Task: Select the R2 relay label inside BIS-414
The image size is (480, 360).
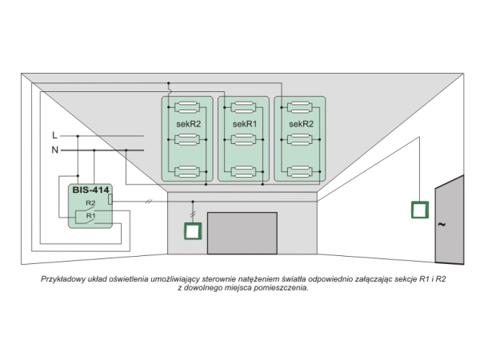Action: pos(90,205)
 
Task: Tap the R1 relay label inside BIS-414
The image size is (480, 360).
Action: pos(90,215)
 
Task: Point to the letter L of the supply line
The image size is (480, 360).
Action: pos(54,135)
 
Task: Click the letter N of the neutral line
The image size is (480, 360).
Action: pos(54,150)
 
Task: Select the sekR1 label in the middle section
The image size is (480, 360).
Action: pos(244,125)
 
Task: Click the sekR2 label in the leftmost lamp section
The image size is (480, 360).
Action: pos(187,125)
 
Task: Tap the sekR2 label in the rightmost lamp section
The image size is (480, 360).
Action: pos(300,125)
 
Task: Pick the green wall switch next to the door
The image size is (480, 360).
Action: pos(419,210)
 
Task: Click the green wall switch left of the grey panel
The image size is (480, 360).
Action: pos(192,231)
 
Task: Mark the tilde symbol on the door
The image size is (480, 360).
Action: pos(441,225)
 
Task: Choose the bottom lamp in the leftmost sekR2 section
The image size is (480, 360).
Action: pos(187,170)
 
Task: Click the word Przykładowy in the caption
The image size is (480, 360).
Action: pos(64,280)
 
